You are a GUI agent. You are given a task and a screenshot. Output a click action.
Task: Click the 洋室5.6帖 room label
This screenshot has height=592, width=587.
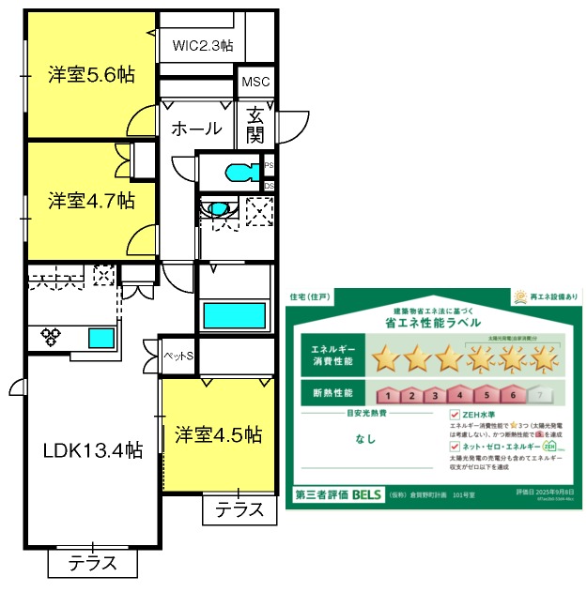click(x=90, y=76)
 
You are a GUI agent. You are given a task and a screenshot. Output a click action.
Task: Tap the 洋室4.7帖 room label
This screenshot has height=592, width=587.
click(x=90, y=200)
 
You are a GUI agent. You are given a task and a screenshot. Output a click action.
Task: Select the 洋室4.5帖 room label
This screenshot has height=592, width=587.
click(x=218, y=435)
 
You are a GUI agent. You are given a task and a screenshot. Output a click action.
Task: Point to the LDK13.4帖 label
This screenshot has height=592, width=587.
click(x=92, y=450)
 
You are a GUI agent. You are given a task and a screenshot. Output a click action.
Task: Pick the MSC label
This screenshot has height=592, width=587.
click(x=255, y=83)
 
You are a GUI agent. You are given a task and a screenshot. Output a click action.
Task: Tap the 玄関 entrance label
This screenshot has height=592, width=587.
click(x=256, y=126)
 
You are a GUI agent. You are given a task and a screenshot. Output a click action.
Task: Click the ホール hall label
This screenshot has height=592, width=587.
click(x=197, y=129)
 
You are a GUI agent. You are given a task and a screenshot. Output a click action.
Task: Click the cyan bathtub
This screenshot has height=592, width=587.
click(x=235, y=313)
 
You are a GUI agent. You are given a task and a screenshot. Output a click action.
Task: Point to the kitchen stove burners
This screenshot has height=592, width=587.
click(x=50, y=335)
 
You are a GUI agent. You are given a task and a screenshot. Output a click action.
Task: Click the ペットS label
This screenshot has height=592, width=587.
click(x=178, y=357)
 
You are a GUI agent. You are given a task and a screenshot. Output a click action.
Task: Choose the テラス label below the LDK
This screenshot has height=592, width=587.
click(x=93, y=564)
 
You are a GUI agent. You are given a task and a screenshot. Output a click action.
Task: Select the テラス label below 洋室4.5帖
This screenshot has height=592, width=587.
click(x=239, y=509)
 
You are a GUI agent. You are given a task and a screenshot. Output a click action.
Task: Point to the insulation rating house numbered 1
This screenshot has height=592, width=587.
click(x=387, y=395)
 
